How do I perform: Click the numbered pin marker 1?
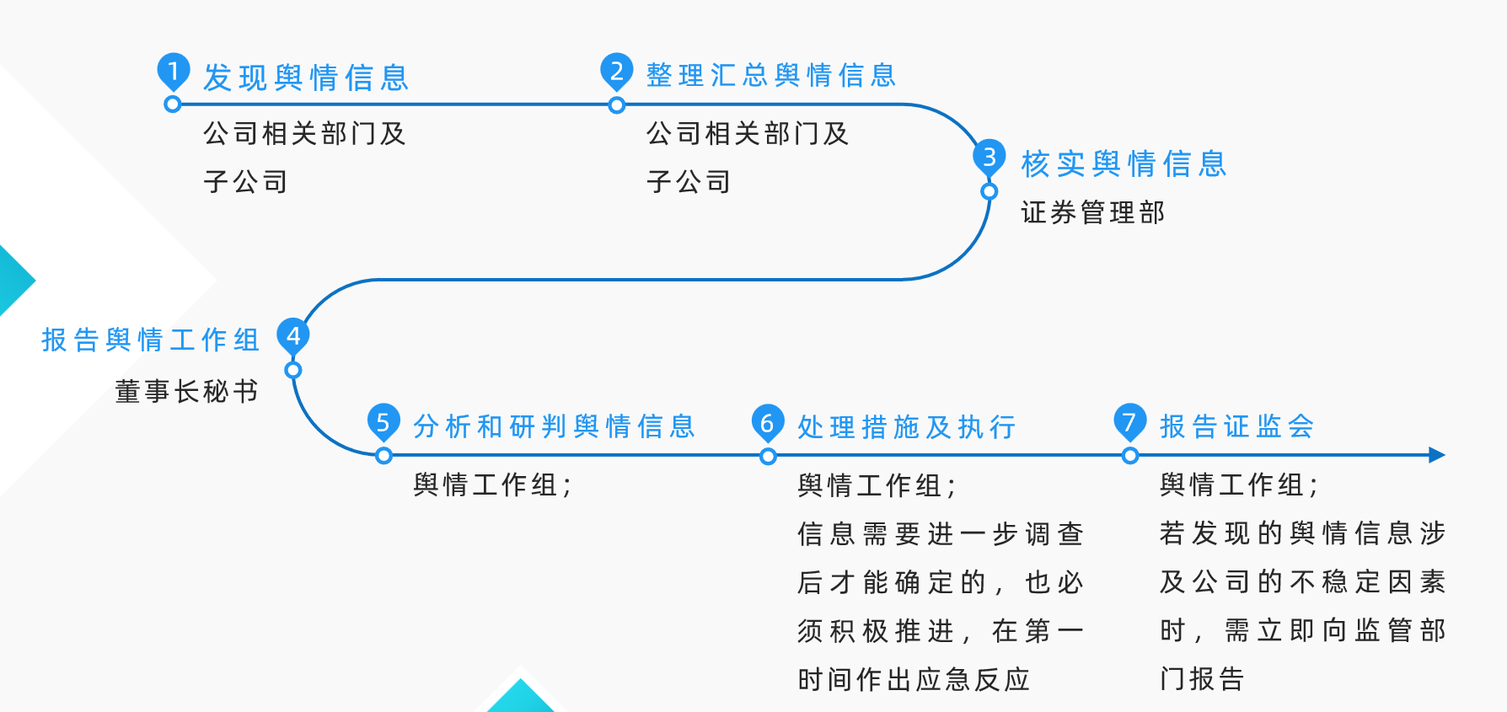(174, 71)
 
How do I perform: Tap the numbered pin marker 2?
(617, 71)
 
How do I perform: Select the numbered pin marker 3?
(989, 157)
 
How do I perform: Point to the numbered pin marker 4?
(293, 335)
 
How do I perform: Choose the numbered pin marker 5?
(383, 421)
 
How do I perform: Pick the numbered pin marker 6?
(768, 422)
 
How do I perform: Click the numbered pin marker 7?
(1130, 420)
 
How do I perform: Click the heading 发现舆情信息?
(306, 78)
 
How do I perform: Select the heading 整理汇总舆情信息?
(770, 76)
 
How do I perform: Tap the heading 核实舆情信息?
(1124, 163)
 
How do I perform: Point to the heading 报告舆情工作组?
(151, 340)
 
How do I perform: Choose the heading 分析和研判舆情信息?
(554, 426)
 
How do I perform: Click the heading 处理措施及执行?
(906, 427)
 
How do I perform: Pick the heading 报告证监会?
(1236, 426)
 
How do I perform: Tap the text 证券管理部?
(1092, 212)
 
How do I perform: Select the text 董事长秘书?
(186, 391)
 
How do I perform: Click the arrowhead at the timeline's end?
(1437, 455)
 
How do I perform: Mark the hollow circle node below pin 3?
(989, 192)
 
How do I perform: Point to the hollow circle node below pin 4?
(293, 370)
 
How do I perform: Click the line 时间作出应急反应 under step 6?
(914, 679)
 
